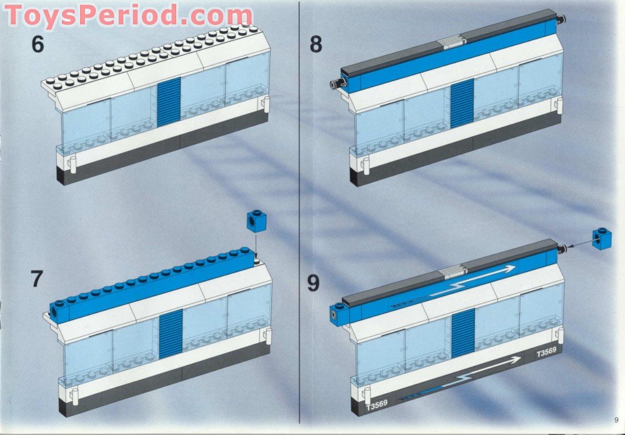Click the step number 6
tap(37, 45)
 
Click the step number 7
tap(37, 277)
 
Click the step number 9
tap(313, 283)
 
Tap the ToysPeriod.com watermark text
tap(129, 15)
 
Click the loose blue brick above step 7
tap(255, 221)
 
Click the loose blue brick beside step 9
tap(601, 238)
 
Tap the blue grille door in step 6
tap(168, 102)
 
